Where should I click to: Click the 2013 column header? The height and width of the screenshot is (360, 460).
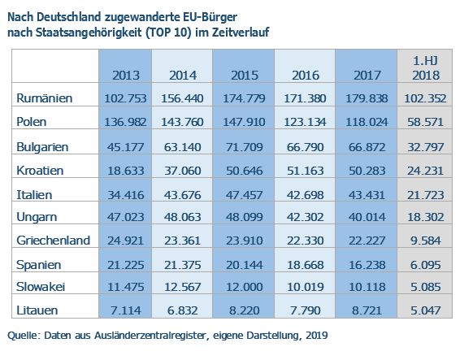click(x=126, y=76)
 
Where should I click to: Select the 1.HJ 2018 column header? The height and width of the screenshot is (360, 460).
click(x=426, y=68)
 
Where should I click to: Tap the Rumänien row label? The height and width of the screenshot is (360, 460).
click(x=45, y=98)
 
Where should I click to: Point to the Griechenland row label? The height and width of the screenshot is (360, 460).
click(x=53, y=241)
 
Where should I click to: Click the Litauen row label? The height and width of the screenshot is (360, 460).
click(x=37, y=310)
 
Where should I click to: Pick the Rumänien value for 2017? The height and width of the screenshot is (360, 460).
click(x=367, y=98)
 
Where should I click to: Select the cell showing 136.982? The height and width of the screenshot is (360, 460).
click(x=125, y=122)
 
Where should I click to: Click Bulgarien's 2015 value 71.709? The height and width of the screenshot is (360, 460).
click(x=244, y=147)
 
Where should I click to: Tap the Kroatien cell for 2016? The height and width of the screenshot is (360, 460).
click(x=305, y=171)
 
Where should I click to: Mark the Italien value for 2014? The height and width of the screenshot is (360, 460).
click(x=183, y=195)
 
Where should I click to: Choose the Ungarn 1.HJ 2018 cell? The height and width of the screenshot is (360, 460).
click(x=426, y=217)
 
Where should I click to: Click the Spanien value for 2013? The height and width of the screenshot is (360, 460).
click(x=125, y=265)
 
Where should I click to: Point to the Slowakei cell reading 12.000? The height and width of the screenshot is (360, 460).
click(x=244, y=287)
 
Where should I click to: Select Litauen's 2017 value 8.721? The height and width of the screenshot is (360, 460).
click(x=367, y=310)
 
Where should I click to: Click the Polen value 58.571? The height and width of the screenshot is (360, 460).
click(x=425, y=122)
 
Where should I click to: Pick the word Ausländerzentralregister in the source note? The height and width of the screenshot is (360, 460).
click(x=151, y=335)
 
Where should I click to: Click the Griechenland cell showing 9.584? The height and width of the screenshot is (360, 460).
click(x=425, y=241)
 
